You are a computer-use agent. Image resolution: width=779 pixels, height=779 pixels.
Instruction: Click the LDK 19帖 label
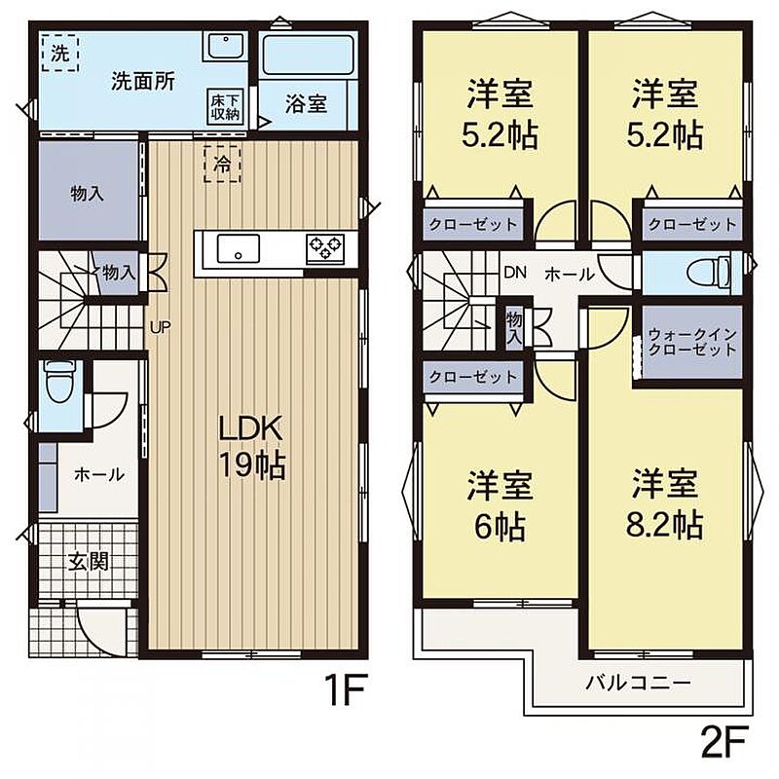pyautogui.click(x=251, y=447)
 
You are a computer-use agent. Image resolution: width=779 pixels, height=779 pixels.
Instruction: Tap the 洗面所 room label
pyautogui.click(x=143, y=82)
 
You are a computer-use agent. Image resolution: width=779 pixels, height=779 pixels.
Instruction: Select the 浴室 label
pyautogui.click(x=306, y=103)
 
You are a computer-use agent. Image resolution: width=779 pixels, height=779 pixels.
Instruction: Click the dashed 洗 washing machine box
pyautogui.click(x=59, y=54)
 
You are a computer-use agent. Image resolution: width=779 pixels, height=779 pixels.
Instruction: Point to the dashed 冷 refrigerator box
pyautogui.click(x=222, y=163)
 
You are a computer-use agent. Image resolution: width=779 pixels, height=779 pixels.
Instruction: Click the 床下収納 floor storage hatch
pyautogui.click(x=225, y=107)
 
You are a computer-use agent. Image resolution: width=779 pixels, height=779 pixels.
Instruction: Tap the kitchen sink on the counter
pyautogui.click(x=239, y=248)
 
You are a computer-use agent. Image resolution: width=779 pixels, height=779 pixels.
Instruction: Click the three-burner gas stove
pyautogui.click(x=325, y=247)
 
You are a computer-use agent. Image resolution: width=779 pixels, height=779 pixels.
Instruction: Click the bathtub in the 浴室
pyautogui.click(x=308, y=55)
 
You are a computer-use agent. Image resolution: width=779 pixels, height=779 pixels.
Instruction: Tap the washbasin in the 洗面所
pyautogui.click(x=225, y=46)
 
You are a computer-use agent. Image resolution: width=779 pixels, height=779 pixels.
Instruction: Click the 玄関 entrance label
pyautogui.click(x=88, y=562)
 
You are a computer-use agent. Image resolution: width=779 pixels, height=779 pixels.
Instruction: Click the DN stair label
pyautogui.click(x=515, y=272)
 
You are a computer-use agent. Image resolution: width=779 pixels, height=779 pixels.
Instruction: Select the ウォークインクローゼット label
pyautogui.click(x=692, y=343)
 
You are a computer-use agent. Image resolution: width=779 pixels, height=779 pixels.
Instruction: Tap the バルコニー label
pyautogui.click(x=638, y=684)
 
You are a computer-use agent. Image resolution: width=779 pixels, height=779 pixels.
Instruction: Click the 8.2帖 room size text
pyautogui.click(x=664, y=525)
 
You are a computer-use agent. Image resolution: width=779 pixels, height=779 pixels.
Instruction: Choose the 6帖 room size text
pyautogui.click(x=500, y=527)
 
